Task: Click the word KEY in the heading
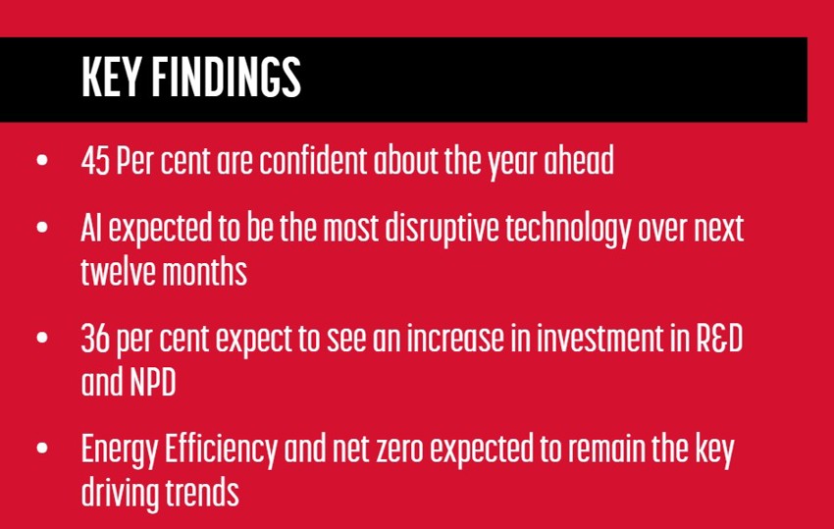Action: pyautogui.click(x=111, y=78)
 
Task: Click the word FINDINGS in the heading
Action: pyautogui.click(x=226, y=78)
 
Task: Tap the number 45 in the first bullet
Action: pyautogui.click(x=95, y=161)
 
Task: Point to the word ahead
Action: pyautogui.click(x=579, y=160)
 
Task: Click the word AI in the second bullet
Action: pyautogui.click(x=91, y=228)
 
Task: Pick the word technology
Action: pyautogui.click(x=568, y=230)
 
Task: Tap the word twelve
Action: pyautogui.click(x=119, y=272)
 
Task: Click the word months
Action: pyautogui.click(x=205, y=272)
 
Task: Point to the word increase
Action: pyautogui.click(x=455, y=339)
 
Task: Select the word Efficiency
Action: pyautogui.click(x=221, y=450)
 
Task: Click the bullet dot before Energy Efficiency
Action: pyautogui.click(x=42, y=449)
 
